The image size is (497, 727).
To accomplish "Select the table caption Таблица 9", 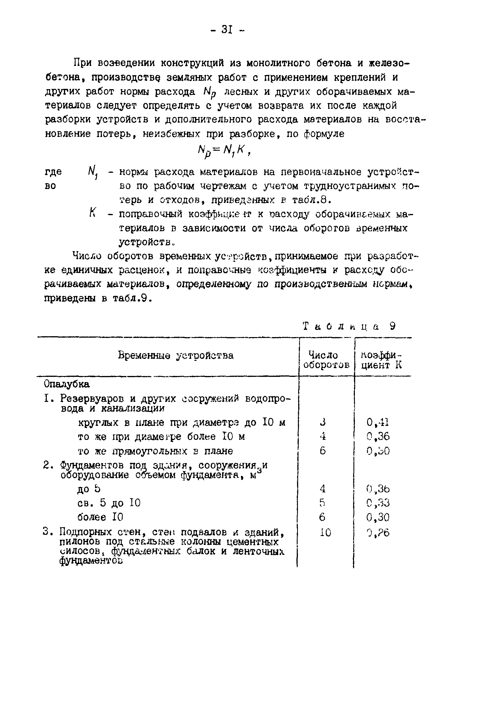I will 349,326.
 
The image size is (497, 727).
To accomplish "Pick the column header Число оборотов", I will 326,360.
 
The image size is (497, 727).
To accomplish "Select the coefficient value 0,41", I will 378,423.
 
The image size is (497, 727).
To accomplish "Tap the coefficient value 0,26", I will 378,533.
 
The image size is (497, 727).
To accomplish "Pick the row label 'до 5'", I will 89,489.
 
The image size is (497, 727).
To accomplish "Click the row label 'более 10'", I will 100,517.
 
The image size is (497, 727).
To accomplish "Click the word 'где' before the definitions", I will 53,172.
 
